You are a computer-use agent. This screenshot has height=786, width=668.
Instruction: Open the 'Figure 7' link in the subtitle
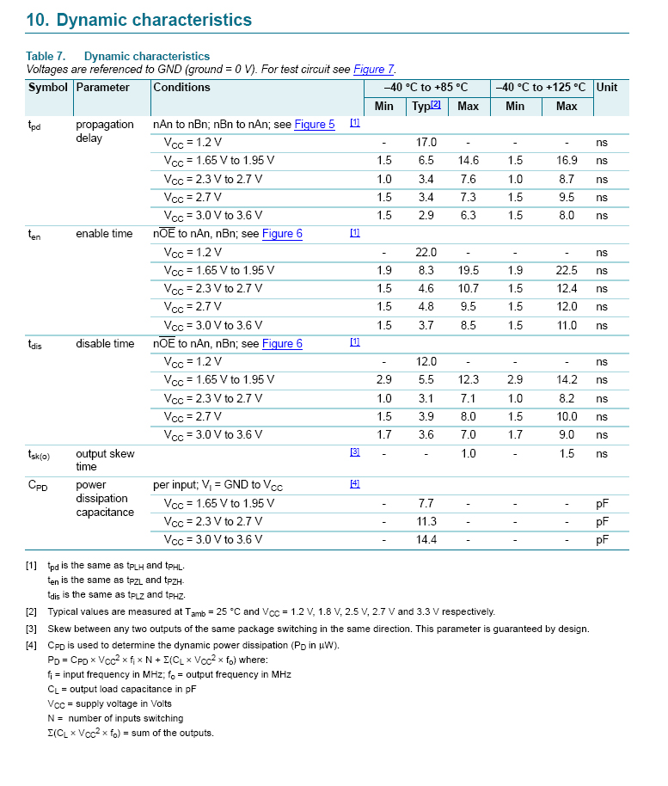point(374,70)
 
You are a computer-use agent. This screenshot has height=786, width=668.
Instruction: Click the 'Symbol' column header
point(47,88)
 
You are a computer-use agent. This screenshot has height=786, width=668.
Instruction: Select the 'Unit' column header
point(607,88)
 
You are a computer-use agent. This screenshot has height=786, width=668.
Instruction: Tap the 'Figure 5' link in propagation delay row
point(315,125)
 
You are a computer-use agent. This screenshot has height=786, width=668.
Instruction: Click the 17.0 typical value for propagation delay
point(426,143)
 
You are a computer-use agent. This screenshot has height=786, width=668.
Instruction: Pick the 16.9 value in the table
point(567,161)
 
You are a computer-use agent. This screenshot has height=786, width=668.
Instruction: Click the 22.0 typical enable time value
point(426,253)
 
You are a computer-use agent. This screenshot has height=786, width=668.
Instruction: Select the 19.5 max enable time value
point(468,271)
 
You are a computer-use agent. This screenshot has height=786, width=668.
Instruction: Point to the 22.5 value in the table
point(567,271)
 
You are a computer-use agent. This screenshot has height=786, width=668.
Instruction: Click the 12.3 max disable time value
point(468,380)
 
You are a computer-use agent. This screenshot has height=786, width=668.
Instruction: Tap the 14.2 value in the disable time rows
point(567,380)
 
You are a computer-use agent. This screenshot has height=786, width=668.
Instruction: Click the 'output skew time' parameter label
point(105,460)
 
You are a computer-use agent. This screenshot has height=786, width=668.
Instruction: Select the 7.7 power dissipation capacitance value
point(426,504)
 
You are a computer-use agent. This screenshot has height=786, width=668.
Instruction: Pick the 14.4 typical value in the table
point(426,540)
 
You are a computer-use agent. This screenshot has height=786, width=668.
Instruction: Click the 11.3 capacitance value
point(426,522)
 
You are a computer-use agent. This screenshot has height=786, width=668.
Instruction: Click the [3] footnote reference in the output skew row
point(354,452)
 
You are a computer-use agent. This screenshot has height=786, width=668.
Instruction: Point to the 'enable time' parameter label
point(104,234)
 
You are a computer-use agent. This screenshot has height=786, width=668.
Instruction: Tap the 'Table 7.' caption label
point(46,57)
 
